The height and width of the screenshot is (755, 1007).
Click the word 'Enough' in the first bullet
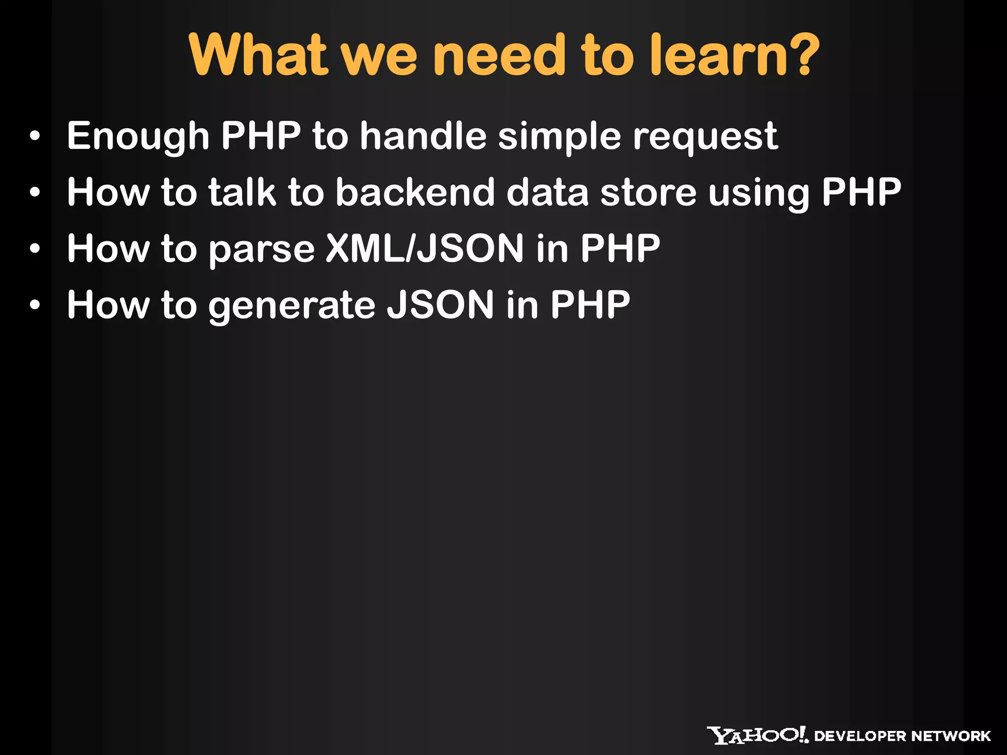tap(138, 137)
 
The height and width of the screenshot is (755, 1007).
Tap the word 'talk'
tap(242, 192)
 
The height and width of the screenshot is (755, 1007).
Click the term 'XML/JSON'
tap(425, 248)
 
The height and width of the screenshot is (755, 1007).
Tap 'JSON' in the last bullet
tap(440, 305)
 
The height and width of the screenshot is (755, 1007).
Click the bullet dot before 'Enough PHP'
tap(34, 137)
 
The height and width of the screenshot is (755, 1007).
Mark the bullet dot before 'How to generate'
tap(34, 306)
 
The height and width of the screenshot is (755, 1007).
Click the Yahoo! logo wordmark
tap(757, 735)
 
